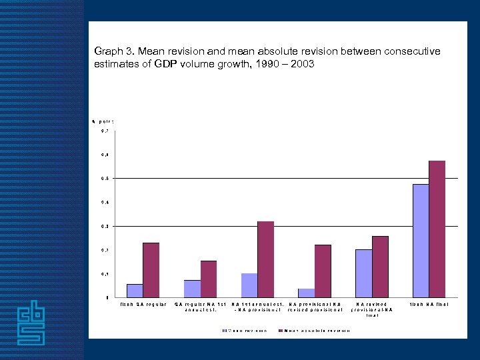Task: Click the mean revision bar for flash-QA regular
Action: [x=135, y=291]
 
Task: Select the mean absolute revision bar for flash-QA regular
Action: [x=151, y=270]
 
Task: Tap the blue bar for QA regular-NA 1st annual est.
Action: [x=192, y=289]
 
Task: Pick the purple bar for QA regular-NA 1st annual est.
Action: [x=209, y=279]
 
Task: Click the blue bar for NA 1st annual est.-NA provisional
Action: [x=249, y=285]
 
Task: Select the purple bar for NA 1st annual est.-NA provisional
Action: [x=266, y=259]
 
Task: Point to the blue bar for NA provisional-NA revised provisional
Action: [x=307, y=293]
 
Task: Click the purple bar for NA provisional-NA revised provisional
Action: [x=323, y=271]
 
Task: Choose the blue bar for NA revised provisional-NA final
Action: [x=364, y=273]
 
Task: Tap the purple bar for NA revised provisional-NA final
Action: [x=381, y=267]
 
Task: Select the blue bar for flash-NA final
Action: [x=421, y=241]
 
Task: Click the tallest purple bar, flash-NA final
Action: [x=437, y=229]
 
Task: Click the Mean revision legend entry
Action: [x=247, y=330]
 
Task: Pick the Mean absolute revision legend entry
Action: [x=316, y=330]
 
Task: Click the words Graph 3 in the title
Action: [x=114, y=51]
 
